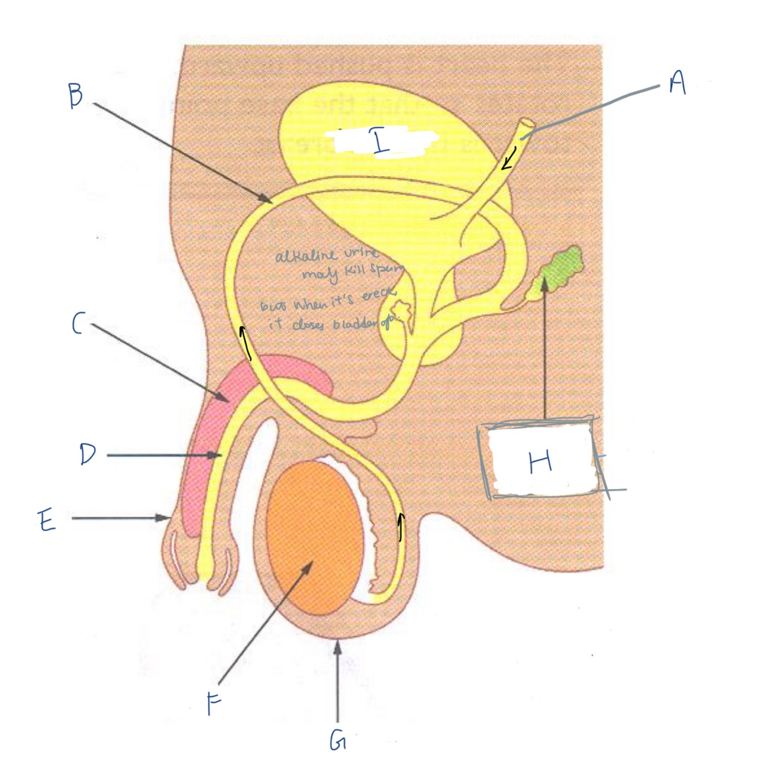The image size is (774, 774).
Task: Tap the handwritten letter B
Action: pyautogui.click(x=75, y=96)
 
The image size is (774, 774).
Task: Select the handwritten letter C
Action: pyautogui.click(x=78, y=324)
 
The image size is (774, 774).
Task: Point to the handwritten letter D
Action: pyautogui.click(x=88, y=454)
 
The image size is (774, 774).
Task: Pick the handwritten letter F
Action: pyautogui.click(x=214, y=704)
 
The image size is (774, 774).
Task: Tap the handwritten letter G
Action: pyautogui.click(x=338, y=740)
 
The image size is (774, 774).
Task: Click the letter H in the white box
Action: pyautogui.click(x=540, y=462)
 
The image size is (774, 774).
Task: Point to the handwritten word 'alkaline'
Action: pyautogui.click(x=305, y=255)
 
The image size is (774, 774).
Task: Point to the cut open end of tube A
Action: pyautogui.click(x=527, y=124)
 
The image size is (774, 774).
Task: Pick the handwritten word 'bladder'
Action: pyautogui.click(x=354, y=325)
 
